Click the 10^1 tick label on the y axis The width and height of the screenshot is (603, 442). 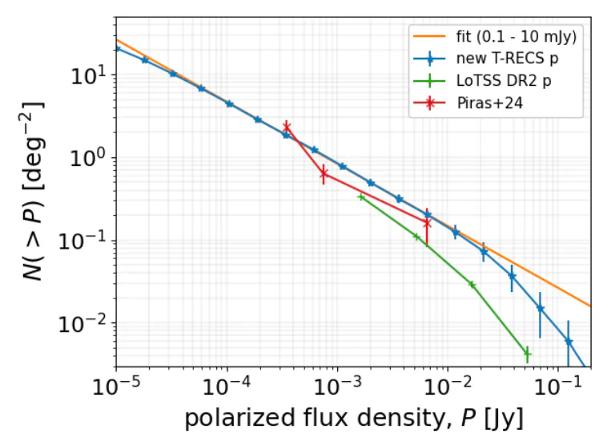(90, 76)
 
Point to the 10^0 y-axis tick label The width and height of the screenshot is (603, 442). (90, 159)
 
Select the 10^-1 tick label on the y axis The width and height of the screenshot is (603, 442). (86, 241)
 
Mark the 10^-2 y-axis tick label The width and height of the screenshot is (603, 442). (86, 323)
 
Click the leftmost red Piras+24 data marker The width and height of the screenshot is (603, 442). (286, 126)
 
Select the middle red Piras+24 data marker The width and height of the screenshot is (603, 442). (324, 173)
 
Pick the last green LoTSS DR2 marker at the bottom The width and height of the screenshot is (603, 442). (527, 353)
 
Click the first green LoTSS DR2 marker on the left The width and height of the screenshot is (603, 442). (361, 197)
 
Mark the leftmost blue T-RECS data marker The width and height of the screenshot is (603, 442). (118, 48)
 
